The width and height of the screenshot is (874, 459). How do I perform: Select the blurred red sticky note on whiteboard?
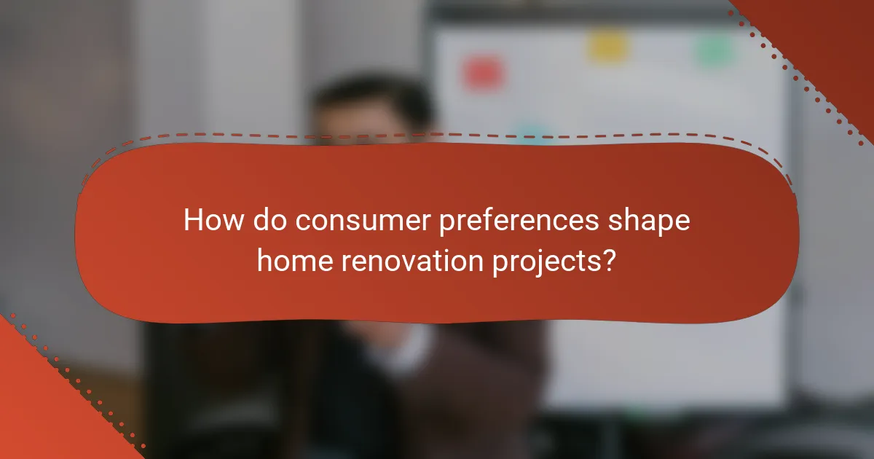482,74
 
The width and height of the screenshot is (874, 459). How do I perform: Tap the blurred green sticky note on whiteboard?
713,49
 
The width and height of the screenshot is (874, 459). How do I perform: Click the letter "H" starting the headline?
192,220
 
